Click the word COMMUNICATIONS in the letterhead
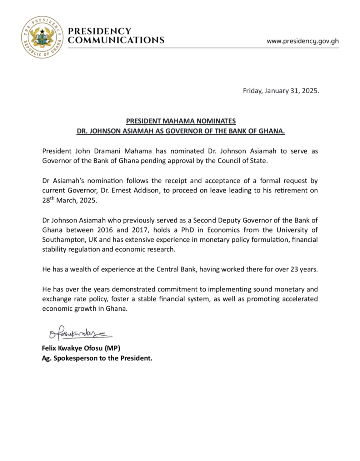[116, 40]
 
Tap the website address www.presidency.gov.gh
[302, 41]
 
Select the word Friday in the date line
[252, 91]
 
